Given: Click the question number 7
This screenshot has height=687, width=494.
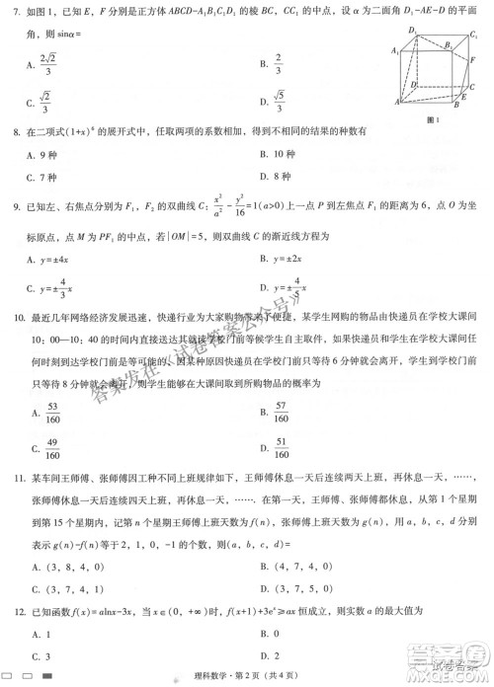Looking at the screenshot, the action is [16, 13].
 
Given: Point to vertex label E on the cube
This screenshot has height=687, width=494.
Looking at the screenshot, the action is [466, 99].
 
